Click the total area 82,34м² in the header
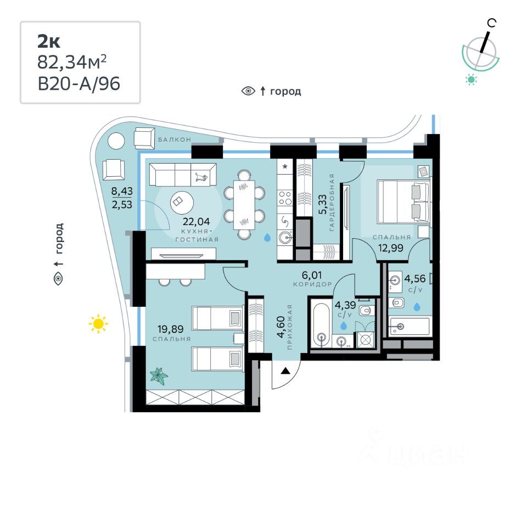pyautogui.click(x=71, y=63)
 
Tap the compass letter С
pyautogui.click(x=492, y=23)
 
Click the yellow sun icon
pyautogui.click(x=98, y=324)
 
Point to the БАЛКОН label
pyautogui.click(x=175, y=140)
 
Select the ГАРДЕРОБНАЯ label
pyautogui.click(x=332, y=202)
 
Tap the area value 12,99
pyautogui.click(x=391, y=248)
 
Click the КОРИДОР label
pyautogui.click(x=312, y=284)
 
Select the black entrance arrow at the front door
pyautogui.click(x=285, y=371)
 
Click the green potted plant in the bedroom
pyautogui.click(x=159, y=376)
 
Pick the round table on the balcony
pyautogui.click(x=116, y=141)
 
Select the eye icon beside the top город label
pyautogui.click(x=249, y=91)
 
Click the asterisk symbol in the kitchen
pyautogui.click(x=285, y=165)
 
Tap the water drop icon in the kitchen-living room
pyautogui.click(x=267, y=238)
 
